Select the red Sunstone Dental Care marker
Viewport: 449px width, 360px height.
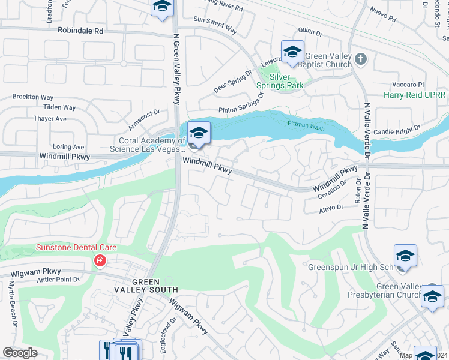tap(99, 261)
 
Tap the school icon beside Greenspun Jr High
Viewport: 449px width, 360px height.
tap(405, 256)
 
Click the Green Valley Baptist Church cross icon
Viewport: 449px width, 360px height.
tap(360, 59)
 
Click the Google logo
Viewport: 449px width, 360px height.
tap(20, 353)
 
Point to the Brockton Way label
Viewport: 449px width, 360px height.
tap(33, 97)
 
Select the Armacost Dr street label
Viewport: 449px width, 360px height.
tap(144, 119)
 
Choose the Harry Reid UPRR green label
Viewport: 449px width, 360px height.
tap(416, 96)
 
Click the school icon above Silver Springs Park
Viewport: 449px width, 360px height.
tap(292, 52)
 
